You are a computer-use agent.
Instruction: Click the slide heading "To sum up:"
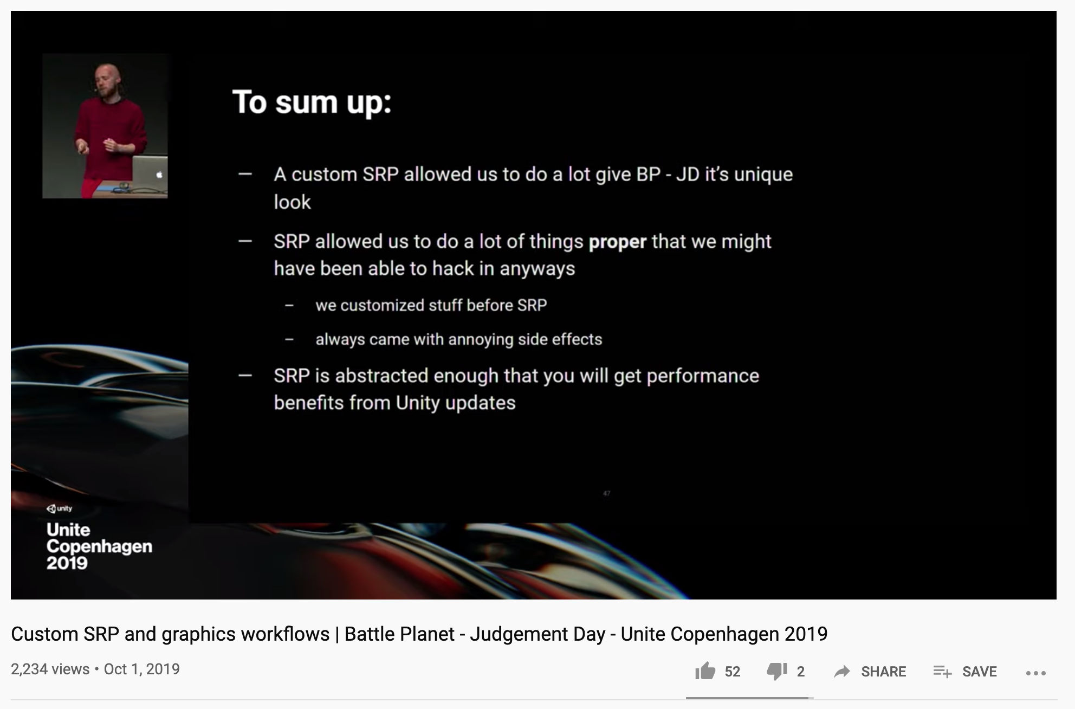pos(312,102)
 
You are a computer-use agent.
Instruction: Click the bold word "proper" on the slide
pos(618,242)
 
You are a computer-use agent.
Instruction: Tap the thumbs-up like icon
pos(705,671)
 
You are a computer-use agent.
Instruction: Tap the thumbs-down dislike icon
pos(777,672)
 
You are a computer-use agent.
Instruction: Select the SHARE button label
pos(883,672)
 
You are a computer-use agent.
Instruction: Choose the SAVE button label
pos(979,672)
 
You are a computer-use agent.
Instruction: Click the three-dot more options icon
pos(1035,673)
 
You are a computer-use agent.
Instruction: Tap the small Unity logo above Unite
pos(59,508)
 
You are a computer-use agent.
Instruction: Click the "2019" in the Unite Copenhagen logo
pos(67,563)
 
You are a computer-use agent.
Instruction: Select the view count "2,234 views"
pos(50,669)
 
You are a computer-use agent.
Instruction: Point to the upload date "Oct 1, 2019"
pos(141,669)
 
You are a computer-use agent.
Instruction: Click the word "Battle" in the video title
pos(370,634)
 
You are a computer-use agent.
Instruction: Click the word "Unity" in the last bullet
pos(418,403)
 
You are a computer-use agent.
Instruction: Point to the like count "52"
pos(733,672)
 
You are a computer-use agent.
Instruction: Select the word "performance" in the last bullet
pos(703,376)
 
